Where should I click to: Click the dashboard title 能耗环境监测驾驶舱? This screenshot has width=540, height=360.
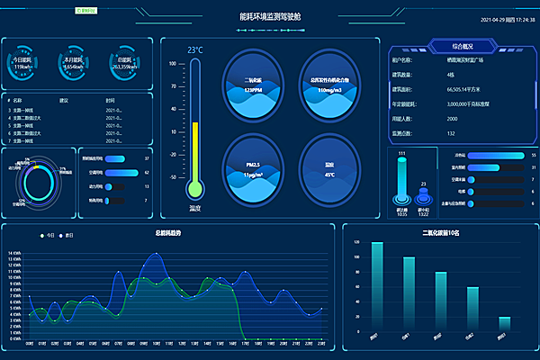pos(270,16)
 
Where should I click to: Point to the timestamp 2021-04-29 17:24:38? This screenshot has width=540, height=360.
pos(494,18)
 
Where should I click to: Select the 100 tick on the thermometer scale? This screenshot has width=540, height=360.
pos(174,64)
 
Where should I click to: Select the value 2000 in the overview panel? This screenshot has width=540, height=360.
pos(452,118)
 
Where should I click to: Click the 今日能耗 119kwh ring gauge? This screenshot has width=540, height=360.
pos(25,62)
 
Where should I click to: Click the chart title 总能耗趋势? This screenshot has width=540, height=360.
pos(168,233)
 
